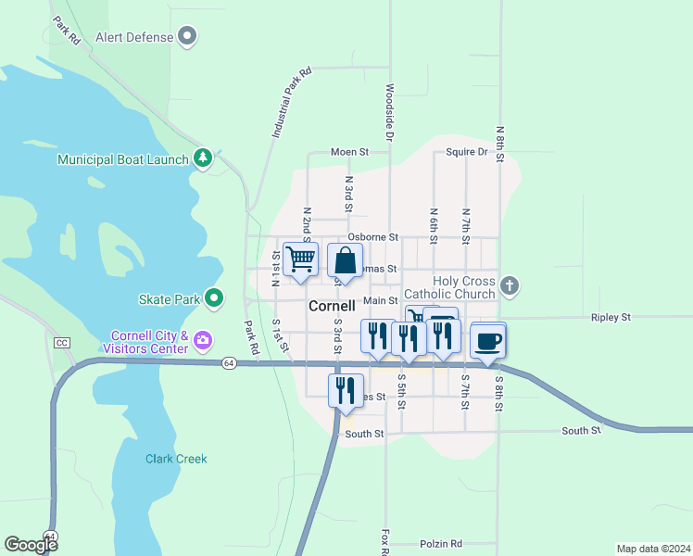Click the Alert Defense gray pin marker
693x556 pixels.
(188, 37)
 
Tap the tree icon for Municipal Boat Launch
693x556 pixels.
(203, 159)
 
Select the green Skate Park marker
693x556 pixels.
(214, 298)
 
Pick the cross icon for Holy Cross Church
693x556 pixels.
(508, 284)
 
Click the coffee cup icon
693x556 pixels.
(487, 341)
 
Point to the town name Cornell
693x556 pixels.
(332, 305)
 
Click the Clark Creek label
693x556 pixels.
(176, 459)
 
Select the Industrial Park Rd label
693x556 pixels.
(292, 103)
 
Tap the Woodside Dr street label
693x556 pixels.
(390, 114)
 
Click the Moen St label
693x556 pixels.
(350, 152)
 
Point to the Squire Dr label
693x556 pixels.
(466, 152)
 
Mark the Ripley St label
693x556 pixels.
(611, 317)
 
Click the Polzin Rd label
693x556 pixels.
(440, 544)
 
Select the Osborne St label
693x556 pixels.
(372, 237)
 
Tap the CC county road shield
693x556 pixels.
(62, 343)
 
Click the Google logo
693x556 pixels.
(31, 545)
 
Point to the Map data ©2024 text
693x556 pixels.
(653, 548)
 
